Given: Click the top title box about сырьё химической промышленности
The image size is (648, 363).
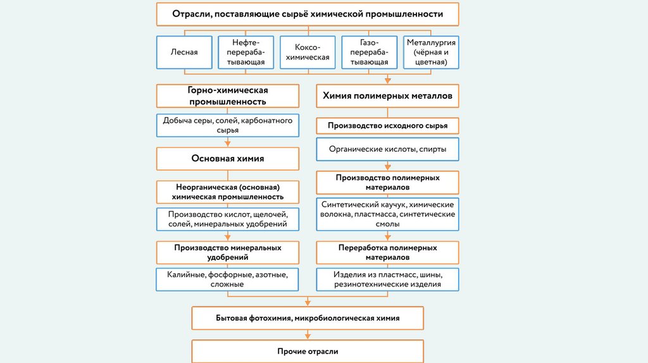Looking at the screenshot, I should pyautogui.click(x=308, y=14).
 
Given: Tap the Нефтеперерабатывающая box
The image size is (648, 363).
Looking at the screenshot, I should pyautogui.click(x=246, y=52).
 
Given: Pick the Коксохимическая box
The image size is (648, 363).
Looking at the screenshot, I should pyautogui.click(x=308, y=52).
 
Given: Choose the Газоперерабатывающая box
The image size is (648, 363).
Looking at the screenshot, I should pyautogui.click(x=369, y=52).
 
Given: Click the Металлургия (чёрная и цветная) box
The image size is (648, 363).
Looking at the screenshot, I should pyautogui.click(x=431, y=52).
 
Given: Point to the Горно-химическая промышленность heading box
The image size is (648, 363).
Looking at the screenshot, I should pyautogui.click(x=227, y=96).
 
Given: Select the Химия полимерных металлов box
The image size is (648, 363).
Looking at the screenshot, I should pyautogui.click(x=387, y=96).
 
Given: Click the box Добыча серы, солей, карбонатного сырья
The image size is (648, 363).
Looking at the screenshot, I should pyautogui.click(x=227, y=125).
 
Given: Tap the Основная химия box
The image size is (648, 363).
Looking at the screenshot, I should pyautogui.click(x=227, y=159).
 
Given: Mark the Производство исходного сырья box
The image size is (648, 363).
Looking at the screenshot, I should pyautogui.click(x=387, y=126).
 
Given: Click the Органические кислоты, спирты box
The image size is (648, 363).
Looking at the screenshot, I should pyautogui.click(x=387, y=149).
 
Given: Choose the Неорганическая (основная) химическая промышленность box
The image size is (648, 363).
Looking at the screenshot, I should pyautogui.click(x=227, y=192).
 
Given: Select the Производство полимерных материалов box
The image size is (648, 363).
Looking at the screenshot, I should pyautogui.click(x=387, y=183).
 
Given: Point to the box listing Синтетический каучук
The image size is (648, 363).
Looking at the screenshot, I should pyautogui.click(x=387, y=215).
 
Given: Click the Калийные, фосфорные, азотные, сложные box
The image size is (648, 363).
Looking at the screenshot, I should pyautogui.click(x=227, y=280).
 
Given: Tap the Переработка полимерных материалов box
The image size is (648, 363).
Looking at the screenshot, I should pyautogui.click(x=387, y=252).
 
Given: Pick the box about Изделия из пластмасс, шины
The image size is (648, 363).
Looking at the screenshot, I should pyautogui.click(x=387, y=280).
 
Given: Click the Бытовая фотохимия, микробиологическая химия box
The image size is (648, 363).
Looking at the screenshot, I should pyautogui.click(x=308, y=318).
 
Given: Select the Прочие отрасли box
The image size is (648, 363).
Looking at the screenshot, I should pyautogui.click(x=308, y=351).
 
